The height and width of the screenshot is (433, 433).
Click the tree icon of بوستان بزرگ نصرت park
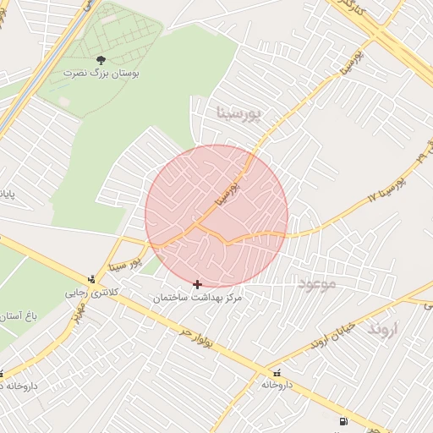(101, 60)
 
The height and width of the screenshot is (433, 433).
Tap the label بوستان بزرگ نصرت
(101, 74)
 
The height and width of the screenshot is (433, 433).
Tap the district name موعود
(316, 283)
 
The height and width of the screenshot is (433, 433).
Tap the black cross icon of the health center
(198, 285)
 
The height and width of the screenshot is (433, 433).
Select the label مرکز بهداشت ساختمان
(198, 299)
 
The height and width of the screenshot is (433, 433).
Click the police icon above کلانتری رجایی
(91, 279)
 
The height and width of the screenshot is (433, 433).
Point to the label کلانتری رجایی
(93, 293)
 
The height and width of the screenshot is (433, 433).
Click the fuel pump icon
(342, 421)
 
